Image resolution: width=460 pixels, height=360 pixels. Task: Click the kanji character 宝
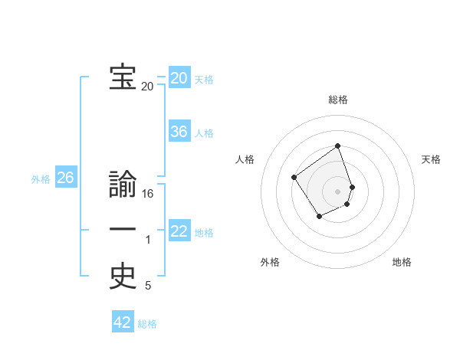[x=123, y=77]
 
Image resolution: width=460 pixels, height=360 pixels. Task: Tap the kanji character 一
[x=123, y=230]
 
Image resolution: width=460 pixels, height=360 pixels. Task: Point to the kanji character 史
[x=123, y=277]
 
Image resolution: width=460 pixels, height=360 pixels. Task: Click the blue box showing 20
[x=179, y=78]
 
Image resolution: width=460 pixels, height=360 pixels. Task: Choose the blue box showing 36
[x=179, y=132]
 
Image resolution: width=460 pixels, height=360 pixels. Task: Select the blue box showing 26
[x=65, y=178]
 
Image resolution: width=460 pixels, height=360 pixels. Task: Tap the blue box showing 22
[x=179, y=231]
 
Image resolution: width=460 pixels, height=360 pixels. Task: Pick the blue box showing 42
[x=123, y=322]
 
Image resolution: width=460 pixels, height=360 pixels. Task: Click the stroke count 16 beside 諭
[x=148, y=195]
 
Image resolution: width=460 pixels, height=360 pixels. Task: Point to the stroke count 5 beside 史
[x=148, y=286]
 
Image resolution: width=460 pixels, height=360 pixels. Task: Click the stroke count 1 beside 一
[x=148, y=241]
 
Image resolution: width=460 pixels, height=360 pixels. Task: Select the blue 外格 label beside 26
[x=41, y=179]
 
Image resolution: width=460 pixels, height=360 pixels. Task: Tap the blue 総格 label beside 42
[x=147, y=324]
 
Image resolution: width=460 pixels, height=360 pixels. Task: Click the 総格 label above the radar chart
[x=337, y=100]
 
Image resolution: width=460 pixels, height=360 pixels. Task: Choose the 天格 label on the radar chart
[x=431, y=159]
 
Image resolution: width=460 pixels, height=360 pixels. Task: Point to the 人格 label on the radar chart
[x=245, y=159]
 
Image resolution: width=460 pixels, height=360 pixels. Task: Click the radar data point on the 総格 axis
[x=337, y=146]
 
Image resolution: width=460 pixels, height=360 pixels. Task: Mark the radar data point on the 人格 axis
[x=294, y=178]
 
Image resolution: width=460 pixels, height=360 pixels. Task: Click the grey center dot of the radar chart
[x=337, y=191]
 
